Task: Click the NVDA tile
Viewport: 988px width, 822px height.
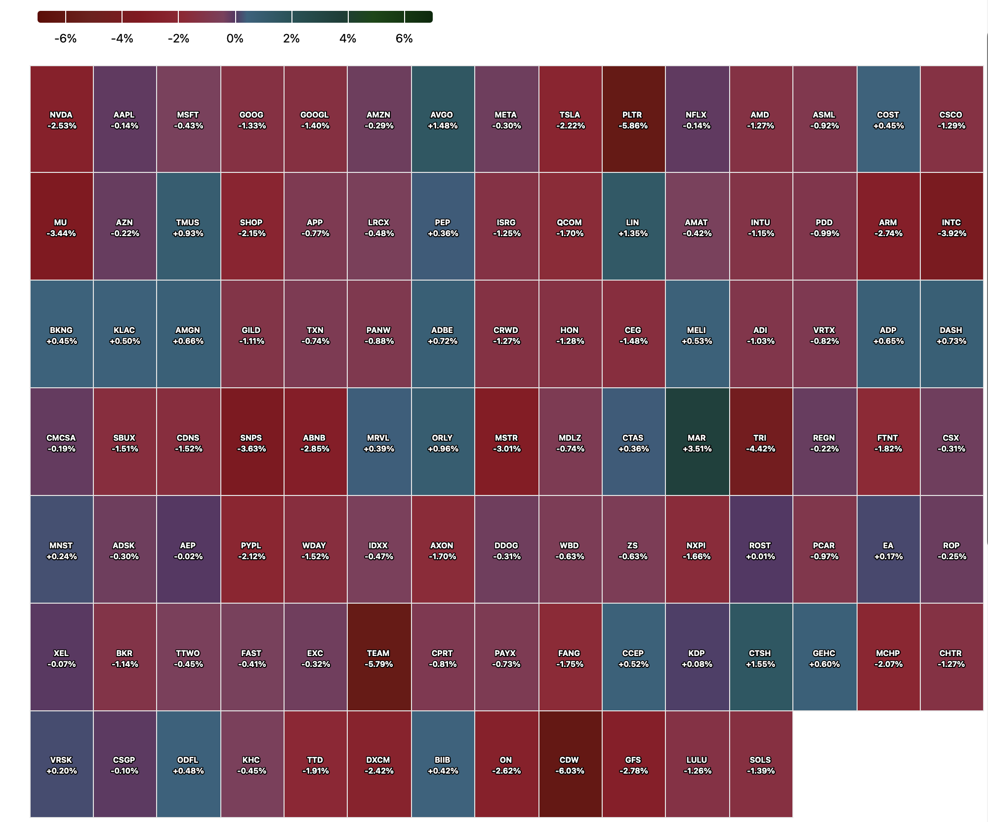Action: click(62, 120)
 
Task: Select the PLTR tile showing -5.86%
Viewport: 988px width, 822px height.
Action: click(633, 120)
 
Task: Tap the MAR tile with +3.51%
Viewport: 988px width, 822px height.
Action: click(697, 443)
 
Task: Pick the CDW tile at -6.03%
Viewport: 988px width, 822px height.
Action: click(570, 765)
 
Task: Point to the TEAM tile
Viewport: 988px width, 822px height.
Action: click(379, 658)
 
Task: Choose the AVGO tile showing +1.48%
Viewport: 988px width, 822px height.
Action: click(443, 120)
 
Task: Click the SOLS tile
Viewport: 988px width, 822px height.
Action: click(761, 765)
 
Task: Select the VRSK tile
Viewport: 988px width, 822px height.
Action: click(62, 765)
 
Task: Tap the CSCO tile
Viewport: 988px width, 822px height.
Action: click(951, 120)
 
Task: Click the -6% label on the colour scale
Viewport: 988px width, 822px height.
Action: click(66, 39)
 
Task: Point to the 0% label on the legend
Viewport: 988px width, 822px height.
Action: click(235, 39)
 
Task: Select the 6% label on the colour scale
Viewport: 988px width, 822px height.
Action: click(404, 39)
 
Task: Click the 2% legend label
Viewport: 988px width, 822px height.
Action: click(291, 39)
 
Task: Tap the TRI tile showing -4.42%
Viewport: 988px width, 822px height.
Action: click(761, 443)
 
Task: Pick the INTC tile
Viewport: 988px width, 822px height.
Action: click(951, 227)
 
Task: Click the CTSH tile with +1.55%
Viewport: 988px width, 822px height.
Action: click(761, 658)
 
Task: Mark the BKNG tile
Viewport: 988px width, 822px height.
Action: click(62, 335)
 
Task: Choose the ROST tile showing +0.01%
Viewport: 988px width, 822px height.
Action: click(761, 550)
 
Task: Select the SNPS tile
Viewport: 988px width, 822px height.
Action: click(252, 443)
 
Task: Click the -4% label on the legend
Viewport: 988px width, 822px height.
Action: click(122, 39)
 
